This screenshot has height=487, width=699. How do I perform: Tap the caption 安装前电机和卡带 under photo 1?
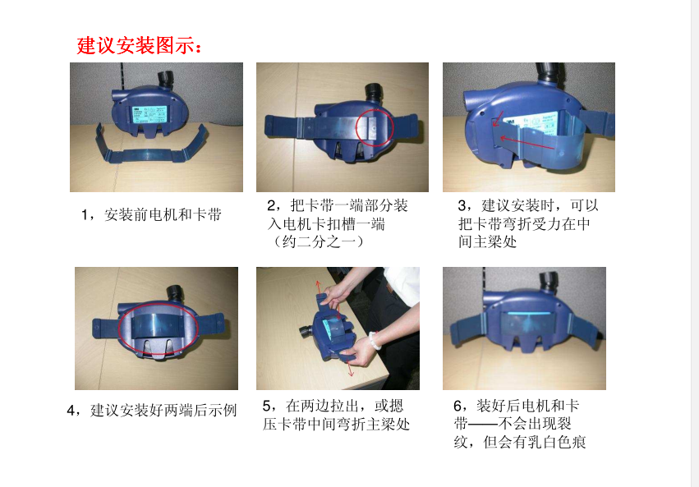[163, 215]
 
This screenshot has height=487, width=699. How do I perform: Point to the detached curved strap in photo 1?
[150, 147]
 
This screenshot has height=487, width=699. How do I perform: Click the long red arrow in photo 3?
[527, 143]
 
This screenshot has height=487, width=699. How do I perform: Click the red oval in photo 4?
[158, 328]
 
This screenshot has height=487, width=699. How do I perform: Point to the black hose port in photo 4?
[175, 294]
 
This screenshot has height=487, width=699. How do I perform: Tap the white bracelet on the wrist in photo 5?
[374, 341]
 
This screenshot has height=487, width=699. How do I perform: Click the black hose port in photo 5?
[306, 332]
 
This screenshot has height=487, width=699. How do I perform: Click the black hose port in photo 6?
[550, 282]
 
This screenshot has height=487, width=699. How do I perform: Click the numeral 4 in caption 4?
[71, 411]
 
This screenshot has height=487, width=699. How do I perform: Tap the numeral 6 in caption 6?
[458, 406]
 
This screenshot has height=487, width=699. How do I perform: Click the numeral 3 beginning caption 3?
[462, 206]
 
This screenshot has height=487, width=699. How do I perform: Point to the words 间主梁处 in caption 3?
[488, 241]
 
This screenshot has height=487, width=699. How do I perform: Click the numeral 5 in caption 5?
[266, 406]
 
